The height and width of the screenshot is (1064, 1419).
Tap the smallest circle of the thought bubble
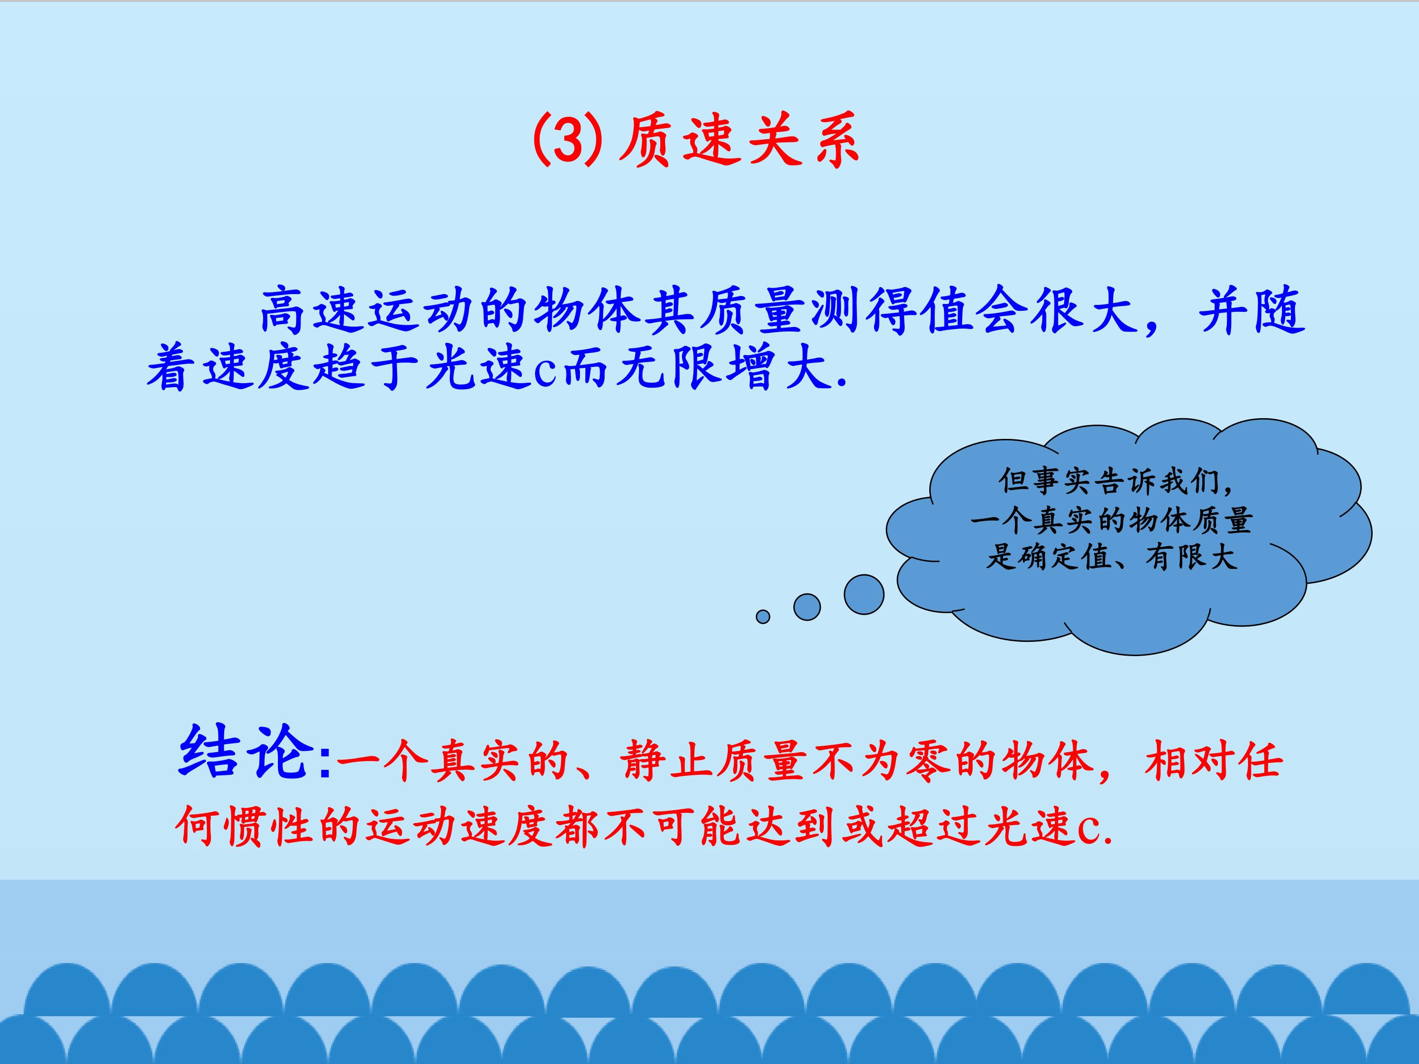pyautogui.click(x=763, y=616)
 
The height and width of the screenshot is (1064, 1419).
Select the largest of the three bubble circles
pyautogui.click(x=864, y=595)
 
